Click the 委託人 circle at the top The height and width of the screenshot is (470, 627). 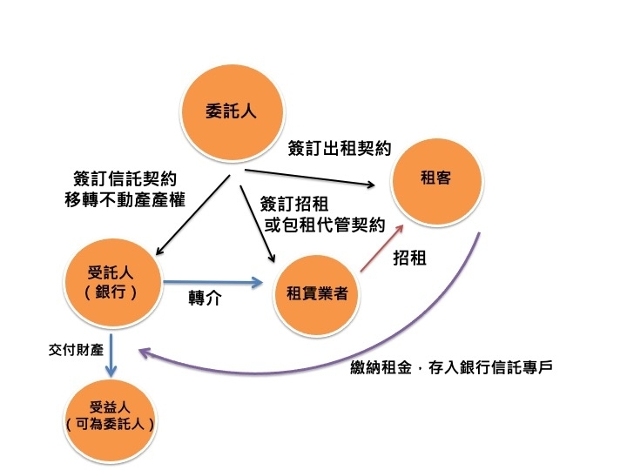pos(233,112)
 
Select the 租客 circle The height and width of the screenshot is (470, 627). pos(437,182)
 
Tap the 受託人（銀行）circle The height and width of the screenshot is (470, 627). pos(113,283)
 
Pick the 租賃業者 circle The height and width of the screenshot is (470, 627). pos(317,295)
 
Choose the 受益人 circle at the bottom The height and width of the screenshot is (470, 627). pos(110,421)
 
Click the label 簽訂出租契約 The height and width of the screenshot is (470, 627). pos(340,149)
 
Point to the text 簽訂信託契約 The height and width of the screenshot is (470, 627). pos(125,178)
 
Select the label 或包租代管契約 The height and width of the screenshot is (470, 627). pos(325,225)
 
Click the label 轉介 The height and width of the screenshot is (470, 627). pos(205,298)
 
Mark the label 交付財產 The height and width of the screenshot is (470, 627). pos(76,350)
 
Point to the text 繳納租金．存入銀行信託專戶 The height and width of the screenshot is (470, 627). pos(451,367)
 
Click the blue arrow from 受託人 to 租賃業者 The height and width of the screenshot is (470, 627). pos(212,283)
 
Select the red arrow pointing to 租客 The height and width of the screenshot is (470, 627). pos(382,248)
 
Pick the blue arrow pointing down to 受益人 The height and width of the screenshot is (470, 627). pos(111,355)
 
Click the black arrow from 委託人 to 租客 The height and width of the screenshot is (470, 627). pos(309,178)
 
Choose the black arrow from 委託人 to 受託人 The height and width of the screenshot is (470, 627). pos(192,215)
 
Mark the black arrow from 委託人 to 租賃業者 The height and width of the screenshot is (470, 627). pos(257,224)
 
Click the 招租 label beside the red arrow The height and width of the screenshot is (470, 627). pos(409,258)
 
